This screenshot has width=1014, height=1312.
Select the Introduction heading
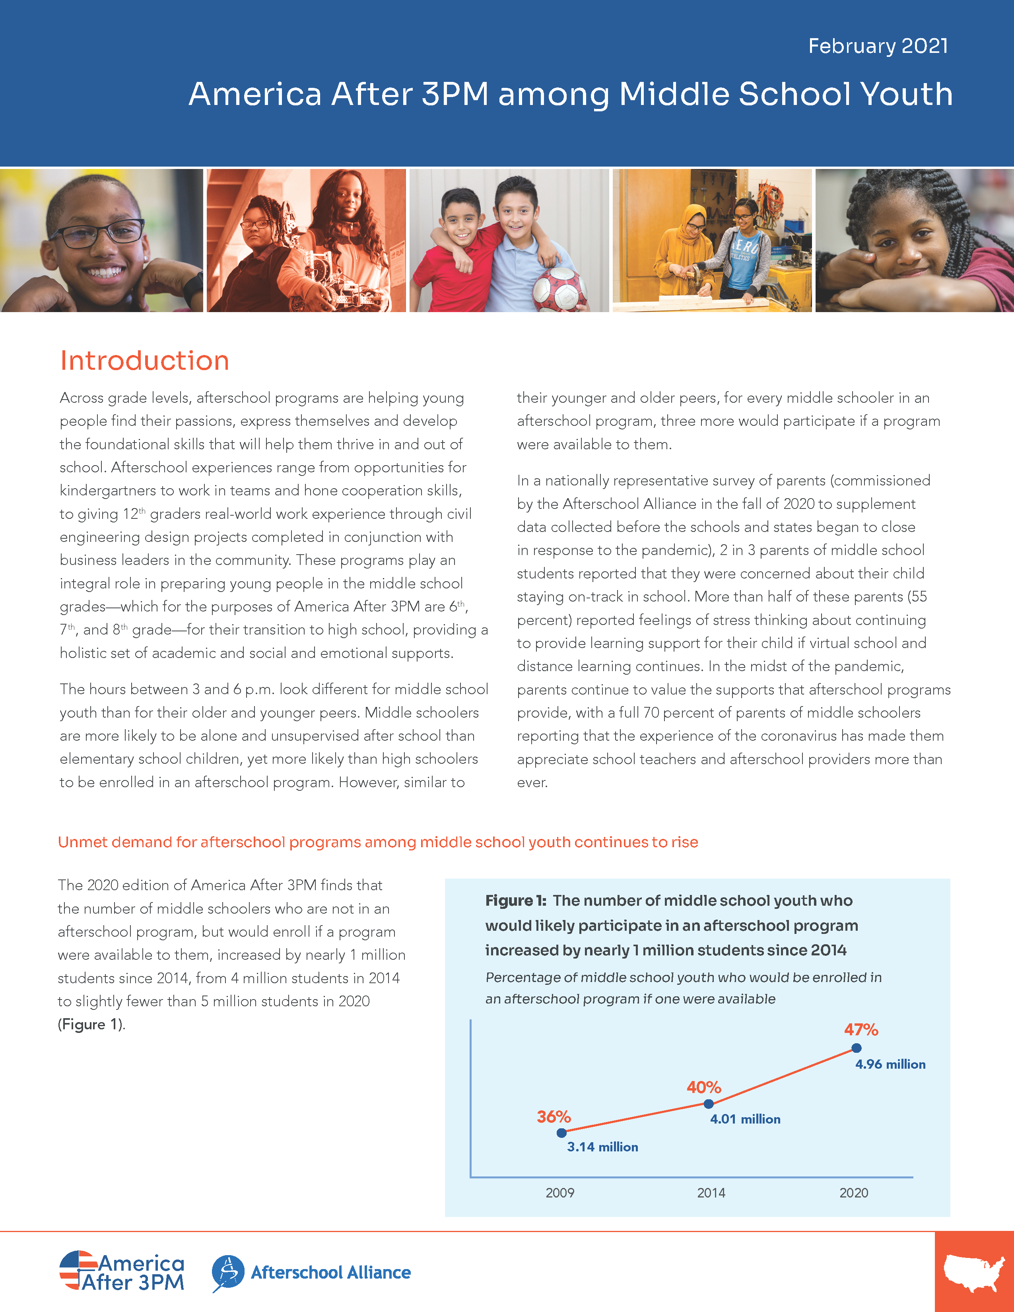[x=145, y=361]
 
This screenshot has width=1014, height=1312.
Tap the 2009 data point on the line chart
[x=561, y=1133]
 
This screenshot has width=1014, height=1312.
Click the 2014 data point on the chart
[x=709, y=1104]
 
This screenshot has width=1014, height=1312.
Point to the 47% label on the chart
[x=861, y=1030]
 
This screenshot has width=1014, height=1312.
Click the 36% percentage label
[x=553, y=1117]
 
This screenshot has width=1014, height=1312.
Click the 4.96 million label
[x=890, y=1064]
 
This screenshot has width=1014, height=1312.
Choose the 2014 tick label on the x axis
[x=711, y=1193]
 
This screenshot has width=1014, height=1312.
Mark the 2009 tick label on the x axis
[x=560, y=1193]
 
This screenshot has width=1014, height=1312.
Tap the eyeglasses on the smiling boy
[x=99, y=233]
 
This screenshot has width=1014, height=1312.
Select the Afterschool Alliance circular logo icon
[x=228, y=1272]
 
